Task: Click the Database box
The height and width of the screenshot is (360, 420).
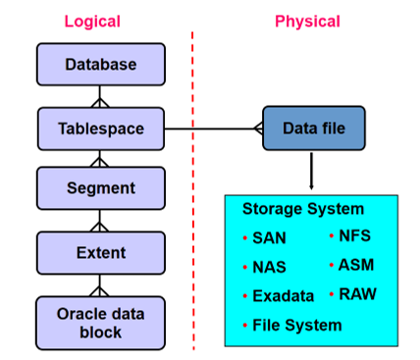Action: pyautogui.click(x=100, y=66)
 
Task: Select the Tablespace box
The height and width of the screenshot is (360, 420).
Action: pyautogui.click(x=100, y=128)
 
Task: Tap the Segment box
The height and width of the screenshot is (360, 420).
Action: pyautogui.click(x=100, y=187)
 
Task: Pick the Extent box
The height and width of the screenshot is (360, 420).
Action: pyautogui.click(x=100, y=252)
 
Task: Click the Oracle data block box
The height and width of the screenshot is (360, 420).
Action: pyautogui.click(x=100, y=322)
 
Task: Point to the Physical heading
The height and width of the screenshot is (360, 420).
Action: pyautogui.click(x=307, y=22)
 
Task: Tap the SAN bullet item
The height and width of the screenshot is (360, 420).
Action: pyautogui.click(x=268, y=238)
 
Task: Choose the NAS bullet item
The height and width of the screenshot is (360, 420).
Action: pyautogui.click(x=268, y=267)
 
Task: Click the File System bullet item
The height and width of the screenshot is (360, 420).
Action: pyautogui.click(x=296, y=325)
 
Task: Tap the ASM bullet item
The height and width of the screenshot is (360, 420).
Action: pyautogui.click(x=355, y=265)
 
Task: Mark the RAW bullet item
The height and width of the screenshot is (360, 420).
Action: pyautogui.click(x=357, y=293)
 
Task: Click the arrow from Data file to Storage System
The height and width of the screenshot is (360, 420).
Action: pyautogui.click(x=312, y=171)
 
